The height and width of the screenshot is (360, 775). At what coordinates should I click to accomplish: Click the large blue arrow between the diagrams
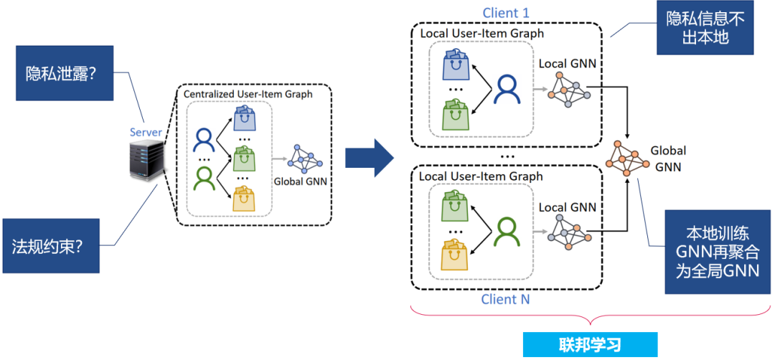coord(370,157)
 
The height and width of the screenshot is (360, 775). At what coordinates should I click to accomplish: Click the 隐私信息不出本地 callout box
coord(705,28)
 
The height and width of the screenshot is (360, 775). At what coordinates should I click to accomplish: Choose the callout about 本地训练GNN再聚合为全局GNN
coord(718,251)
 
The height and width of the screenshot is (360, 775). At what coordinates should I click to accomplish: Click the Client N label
coord(506,300)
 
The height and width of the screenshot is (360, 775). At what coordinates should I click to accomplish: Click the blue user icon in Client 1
coord(507,89)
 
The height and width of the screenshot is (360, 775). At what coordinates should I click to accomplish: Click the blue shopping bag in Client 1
coord(454,65)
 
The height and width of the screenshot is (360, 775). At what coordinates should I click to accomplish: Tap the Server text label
coord(146,132)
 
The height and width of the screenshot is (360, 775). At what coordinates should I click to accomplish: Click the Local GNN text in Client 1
coord(567,64)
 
